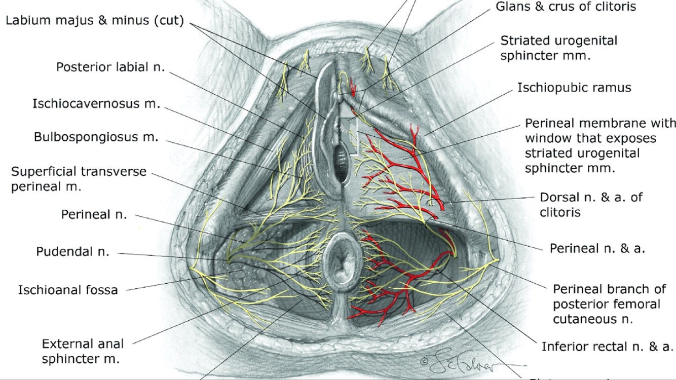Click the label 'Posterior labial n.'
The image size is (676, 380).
[x=110, y=67]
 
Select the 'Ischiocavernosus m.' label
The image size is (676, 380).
[x=96, y=104]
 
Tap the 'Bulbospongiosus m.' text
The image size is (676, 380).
[x=96, y=137]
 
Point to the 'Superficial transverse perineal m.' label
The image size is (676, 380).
[x=79, y=179]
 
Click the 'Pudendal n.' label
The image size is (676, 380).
[x=72, y=251]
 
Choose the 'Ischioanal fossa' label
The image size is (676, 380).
[x=68, y=290]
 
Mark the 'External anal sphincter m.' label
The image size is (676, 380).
[x=82, y=351]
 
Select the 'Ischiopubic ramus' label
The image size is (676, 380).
[x=574, y=88]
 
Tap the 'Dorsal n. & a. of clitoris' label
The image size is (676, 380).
[x=591, y=204]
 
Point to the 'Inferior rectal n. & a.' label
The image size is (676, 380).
[x=607, y=347]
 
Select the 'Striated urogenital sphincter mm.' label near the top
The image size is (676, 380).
[x=559, y=48]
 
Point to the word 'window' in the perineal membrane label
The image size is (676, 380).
[x=544, y=138]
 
